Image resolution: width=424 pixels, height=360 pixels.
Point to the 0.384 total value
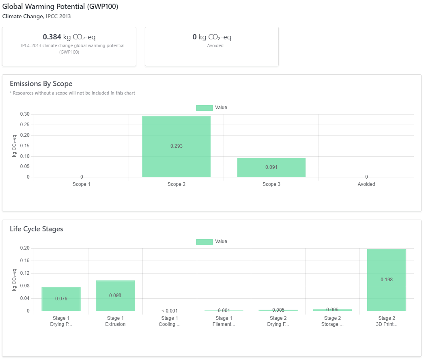[x=52, y=37]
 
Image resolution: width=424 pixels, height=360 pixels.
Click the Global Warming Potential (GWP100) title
[x=60, y=7]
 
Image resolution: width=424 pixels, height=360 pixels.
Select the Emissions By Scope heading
[x=41, y=84]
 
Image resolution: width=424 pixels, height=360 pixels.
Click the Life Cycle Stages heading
[x=37, y=229]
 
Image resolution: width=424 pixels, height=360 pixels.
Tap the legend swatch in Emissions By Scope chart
[x=204, y=108]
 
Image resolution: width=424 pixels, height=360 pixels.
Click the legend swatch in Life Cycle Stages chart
[x=204, y=241]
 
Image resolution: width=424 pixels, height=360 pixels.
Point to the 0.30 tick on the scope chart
[x=25, y=114]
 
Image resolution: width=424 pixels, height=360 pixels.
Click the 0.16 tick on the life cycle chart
[x=25, y=261]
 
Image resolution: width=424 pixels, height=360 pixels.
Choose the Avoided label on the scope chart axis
[x=366, y=184]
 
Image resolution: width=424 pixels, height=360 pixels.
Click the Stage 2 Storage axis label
[x=332, y=321]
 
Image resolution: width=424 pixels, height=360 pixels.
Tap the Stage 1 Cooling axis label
[x=169, y=321]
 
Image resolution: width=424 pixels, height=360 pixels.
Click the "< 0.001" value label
[x=169, y=310]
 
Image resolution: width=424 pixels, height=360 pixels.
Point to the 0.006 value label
[x=332, y=310]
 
